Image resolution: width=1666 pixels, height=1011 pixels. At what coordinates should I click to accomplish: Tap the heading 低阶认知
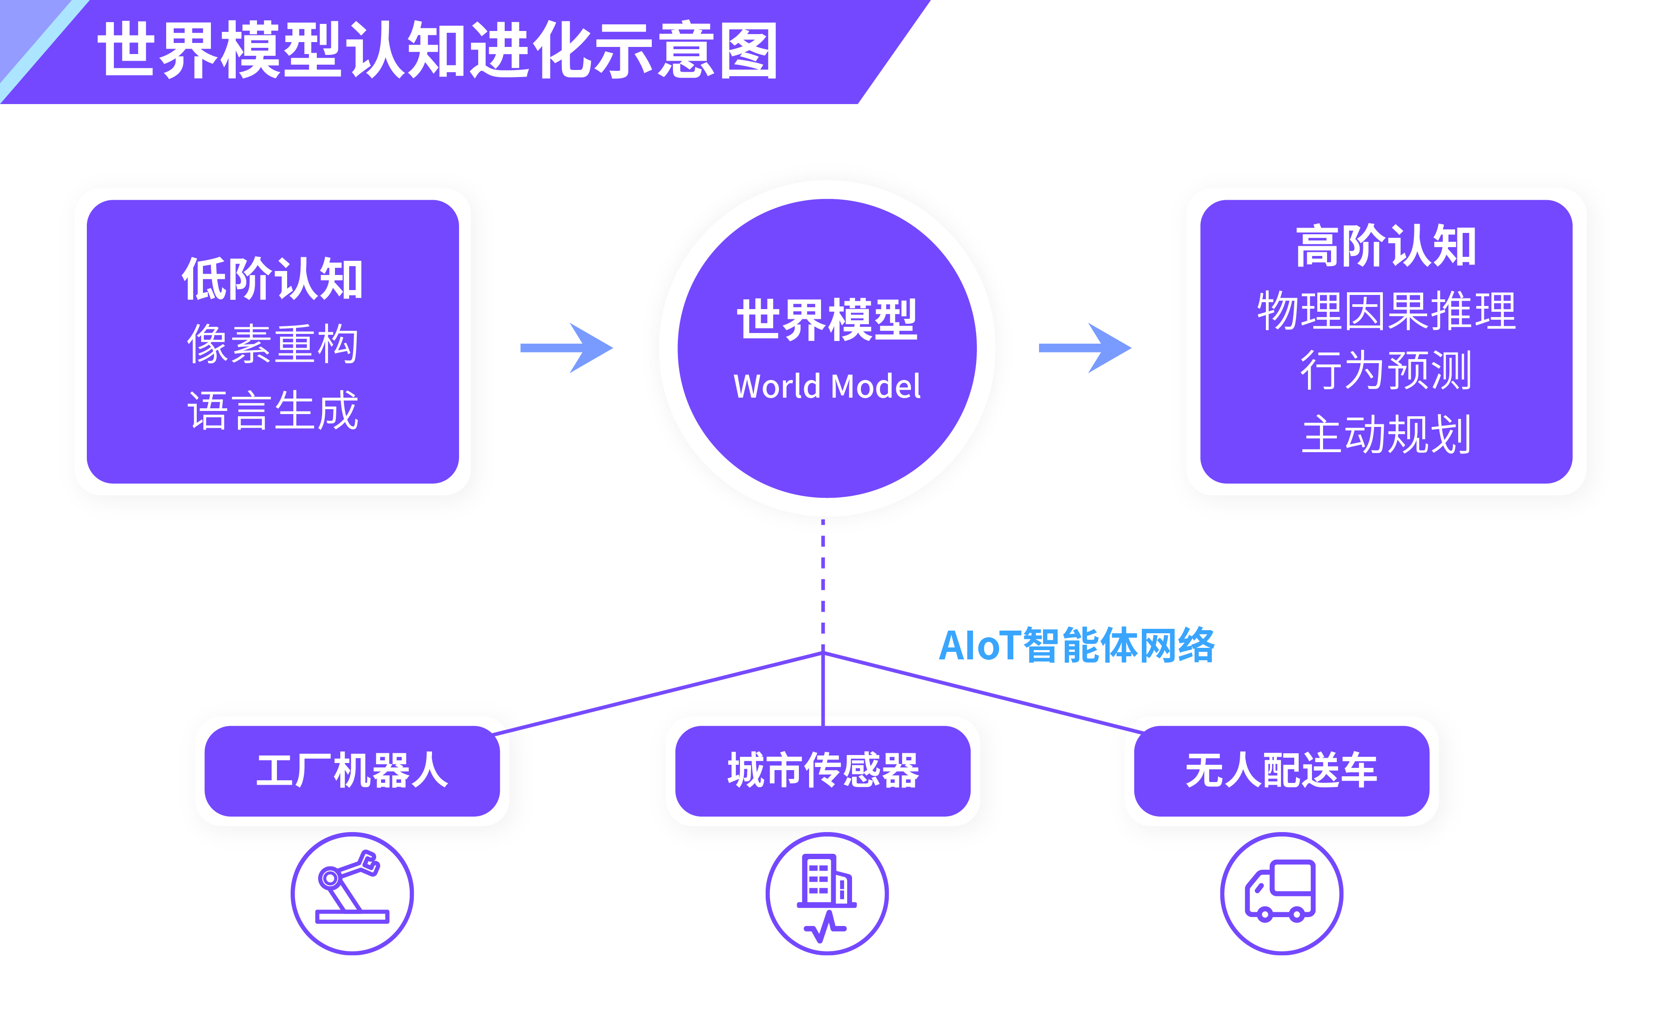[272, 279]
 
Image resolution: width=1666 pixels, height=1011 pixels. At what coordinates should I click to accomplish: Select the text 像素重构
[272, 344]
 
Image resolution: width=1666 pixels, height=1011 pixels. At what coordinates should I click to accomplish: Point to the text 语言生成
[272, 410]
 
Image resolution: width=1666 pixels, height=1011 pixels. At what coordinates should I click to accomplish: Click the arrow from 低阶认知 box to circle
[567, 348]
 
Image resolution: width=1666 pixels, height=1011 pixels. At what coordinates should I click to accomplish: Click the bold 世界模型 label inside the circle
[827, 320]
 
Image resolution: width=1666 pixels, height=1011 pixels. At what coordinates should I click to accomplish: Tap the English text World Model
[827, 387]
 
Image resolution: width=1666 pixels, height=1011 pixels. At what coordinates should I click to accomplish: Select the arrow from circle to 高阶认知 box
[1085, 348]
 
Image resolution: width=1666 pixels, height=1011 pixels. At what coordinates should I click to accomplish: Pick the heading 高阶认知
[1386, 246]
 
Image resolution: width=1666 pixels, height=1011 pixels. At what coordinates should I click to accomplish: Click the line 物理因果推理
[1386, 311]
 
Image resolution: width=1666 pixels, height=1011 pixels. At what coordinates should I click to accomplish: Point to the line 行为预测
[1386, 370]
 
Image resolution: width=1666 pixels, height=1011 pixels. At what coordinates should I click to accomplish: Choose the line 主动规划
[1386, 434]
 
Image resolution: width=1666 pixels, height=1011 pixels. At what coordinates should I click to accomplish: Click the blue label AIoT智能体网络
[1076, 645]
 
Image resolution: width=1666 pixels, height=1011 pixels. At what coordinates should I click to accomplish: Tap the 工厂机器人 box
[352, 771]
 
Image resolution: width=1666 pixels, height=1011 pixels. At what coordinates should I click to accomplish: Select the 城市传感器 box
[823, 771]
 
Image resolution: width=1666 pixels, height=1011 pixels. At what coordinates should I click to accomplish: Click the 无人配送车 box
[1281, 771]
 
